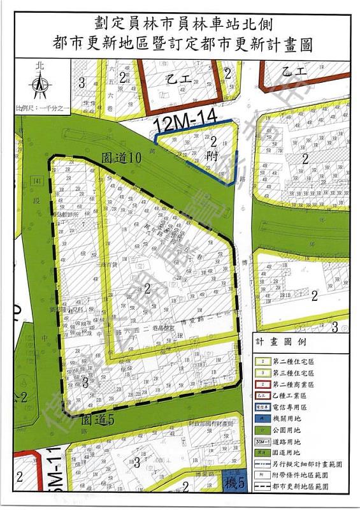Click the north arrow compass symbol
tap(40, 81)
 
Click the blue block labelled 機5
tap(235, 484)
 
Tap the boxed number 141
tap(39, 182)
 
